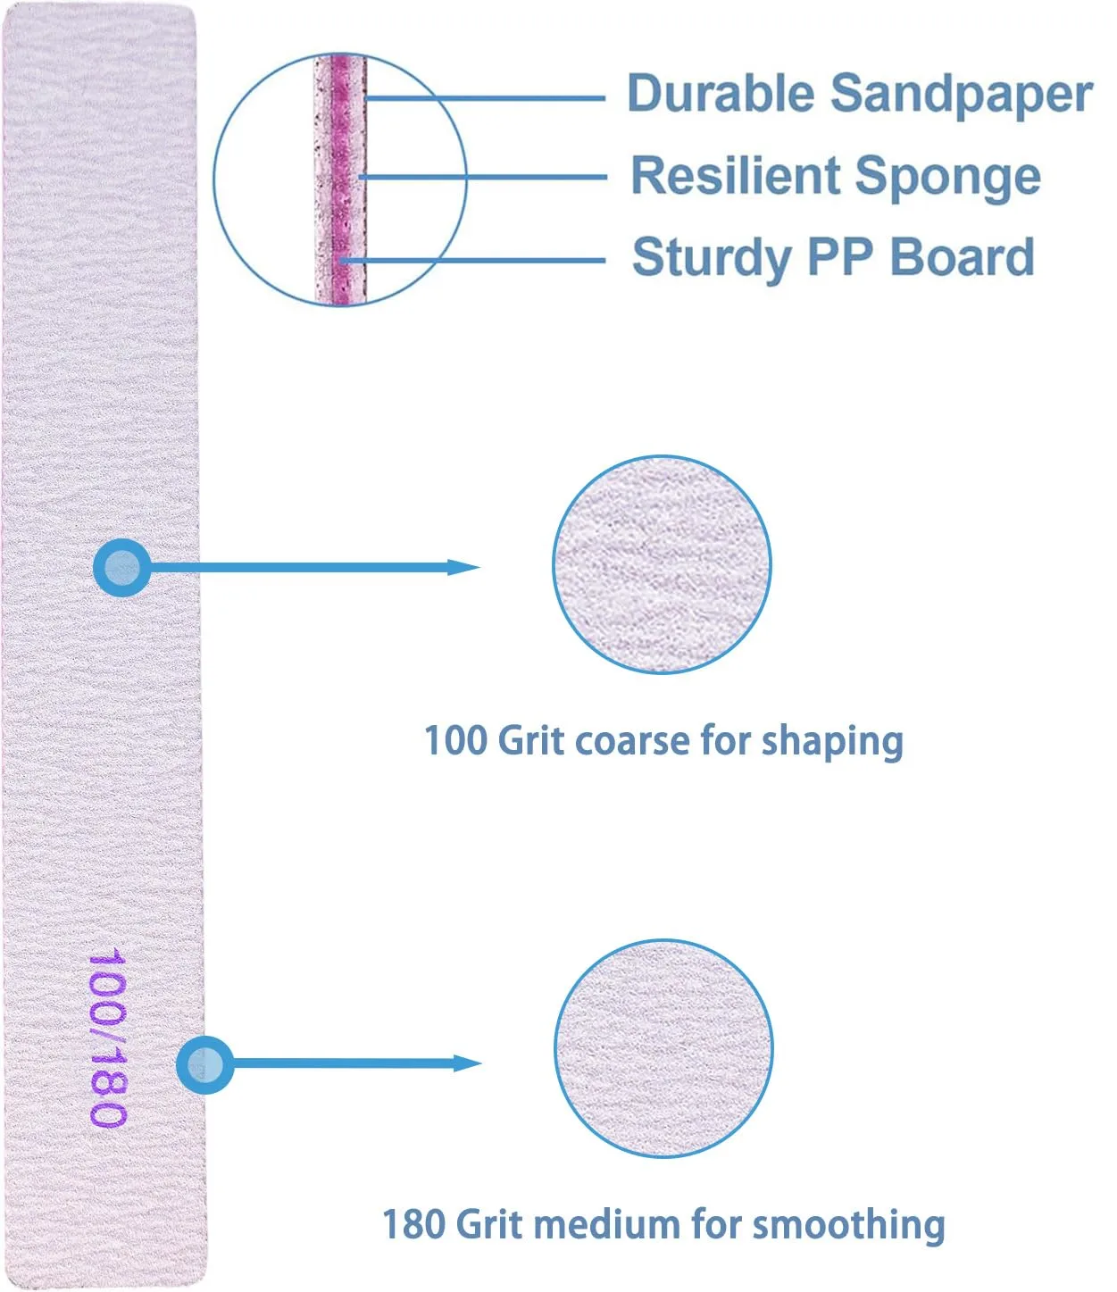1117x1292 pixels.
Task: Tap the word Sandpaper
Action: (x=962, y=95)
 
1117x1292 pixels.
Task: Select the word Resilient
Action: (x=735, y=175)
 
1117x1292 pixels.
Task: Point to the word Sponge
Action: (x=947, y=178)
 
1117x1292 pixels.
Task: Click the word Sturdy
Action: (x=712, y=258)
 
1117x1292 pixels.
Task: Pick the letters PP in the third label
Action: (x=839, y=256)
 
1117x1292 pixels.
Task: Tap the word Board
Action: (x=962, y=256)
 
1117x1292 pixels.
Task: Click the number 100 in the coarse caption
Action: (x=455, y=741)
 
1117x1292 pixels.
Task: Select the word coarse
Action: (x=631, y=743)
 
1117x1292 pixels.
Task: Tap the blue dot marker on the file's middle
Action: (x=122, y=568)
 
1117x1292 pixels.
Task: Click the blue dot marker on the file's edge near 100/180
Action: (x=205, y=1064)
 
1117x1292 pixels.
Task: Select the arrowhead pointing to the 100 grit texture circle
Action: (x=463, y=568)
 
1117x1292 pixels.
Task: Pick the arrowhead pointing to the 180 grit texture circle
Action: (x=467, y=1063)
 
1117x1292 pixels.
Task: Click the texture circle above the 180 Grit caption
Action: (x=663, y=1048)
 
